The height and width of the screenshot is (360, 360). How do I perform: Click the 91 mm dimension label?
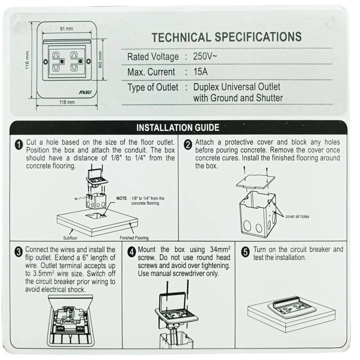click(66, 28)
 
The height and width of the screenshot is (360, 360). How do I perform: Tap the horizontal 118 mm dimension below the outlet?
click(66, 102)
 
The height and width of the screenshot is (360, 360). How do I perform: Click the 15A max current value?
click(200, 72)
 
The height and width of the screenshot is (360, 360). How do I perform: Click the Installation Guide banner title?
click(178, 127)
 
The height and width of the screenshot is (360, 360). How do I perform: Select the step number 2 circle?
click(188, 144)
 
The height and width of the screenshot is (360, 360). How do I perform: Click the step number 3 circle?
click(19, 251)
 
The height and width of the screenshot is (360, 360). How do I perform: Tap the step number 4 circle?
click(131, 251)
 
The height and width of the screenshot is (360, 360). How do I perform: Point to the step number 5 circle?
click(246, 251)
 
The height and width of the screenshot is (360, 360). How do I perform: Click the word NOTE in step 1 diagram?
click(121, 198)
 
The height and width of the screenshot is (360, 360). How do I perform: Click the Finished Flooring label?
click(134, 238)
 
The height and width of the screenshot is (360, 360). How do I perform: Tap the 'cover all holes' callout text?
click(297, 217)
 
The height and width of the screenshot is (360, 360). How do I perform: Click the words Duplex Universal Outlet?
click(237, 87)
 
